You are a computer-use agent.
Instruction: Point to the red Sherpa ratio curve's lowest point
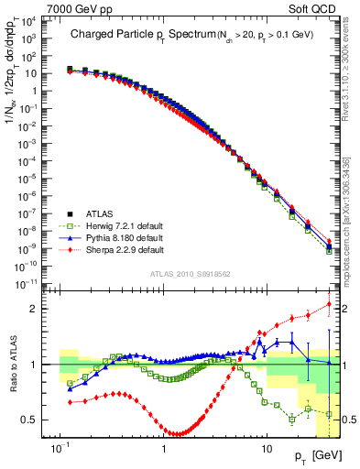point(175,433)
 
